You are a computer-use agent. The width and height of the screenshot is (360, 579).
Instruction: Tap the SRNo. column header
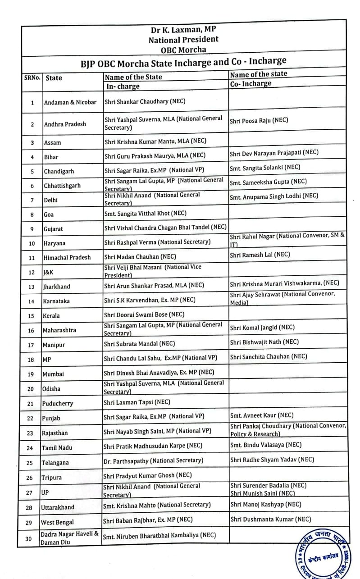point(32,78)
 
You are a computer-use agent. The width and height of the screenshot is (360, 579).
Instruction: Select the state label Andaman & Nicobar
point(70,102)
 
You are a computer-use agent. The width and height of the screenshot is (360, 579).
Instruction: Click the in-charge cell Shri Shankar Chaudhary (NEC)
point(145,102)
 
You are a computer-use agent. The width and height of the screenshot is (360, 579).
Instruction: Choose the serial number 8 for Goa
point(32,215)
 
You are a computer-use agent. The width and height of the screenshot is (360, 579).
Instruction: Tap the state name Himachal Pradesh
point(67,257)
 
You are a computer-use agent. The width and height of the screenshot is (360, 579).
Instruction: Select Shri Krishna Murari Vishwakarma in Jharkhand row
point(284,283)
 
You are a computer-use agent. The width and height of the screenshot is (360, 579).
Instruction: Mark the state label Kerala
point(51,315)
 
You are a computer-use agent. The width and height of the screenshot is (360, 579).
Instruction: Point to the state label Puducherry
point(57,404)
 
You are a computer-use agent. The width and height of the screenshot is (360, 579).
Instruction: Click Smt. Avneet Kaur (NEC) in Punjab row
point(261,415)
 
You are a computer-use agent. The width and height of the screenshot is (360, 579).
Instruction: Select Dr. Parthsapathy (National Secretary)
point(154,460)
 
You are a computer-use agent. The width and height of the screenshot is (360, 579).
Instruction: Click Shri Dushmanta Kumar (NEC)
point(270,519)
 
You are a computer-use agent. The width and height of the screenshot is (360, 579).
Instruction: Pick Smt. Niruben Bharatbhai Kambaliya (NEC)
point(159,536)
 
